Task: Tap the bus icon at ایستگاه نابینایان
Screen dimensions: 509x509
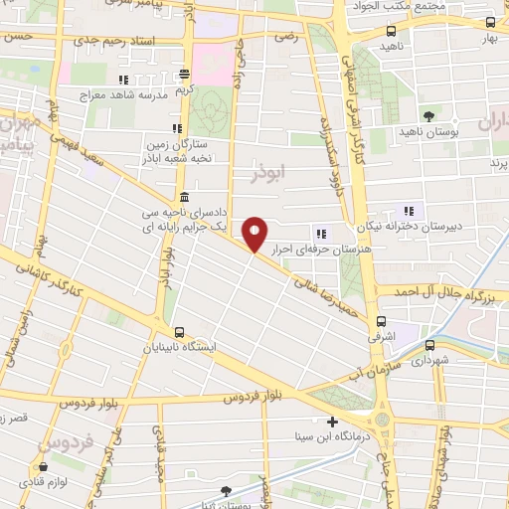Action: click(x=179, y=332)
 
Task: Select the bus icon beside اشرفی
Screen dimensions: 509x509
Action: click(x=382, y=321)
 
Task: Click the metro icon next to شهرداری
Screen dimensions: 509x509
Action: click(x=429, y=345)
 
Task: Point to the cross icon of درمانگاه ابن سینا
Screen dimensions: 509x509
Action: click(x=332, y=422)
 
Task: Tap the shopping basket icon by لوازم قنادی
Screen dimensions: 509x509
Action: click(x=42, y=466)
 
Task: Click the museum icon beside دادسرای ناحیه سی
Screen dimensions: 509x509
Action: click(x=185, y=196)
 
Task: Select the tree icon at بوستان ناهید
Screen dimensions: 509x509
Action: click(x=428, y=116)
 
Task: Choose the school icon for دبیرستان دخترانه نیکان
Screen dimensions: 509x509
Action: click(x=408, y=210)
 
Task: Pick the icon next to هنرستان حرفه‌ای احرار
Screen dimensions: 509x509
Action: click(x=320, y=235)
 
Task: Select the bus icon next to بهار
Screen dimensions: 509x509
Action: click(x=489, y=23)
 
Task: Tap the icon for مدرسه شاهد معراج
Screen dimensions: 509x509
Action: click(x=123, y=81)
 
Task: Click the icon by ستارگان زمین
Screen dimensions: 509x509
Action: click(x=176, y=128)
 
